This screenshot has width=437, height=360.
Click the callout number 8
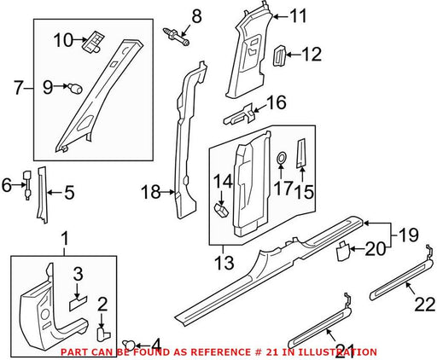point(196,16)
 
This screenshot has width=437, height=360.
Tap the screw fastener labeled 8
point(176,37)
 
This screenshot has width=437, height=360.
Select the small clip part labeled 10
point(94,42)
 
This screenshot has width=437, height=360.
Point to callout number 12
point(312,54)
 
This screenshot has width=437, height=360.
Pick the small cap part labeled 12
point(280,56)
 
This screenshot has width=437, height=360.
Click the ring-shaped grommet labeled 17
point(282,157)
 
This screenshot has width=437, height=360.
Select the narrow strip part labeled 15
point(301,153)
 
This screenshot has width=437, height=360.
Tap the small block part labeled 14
point(221,210)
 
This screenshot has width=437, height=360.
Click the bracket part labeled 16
point(239,114)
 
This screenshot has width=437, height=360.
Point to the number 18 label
point(151,192)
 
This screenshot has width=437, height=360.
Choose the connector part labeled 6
point(27,185)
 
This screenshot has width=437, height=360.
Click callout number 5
point(69,192)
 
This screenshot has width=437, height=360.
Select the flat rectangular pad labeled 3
point(78,303)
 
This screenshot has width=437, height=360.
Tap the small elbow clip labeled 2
point(103,334)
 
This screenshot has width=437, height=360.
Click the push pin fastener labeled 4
point(130,345)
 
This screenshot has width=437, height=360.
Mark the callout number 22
point(425,305)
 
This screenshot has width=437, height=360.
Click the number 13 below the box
point(224,262)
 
